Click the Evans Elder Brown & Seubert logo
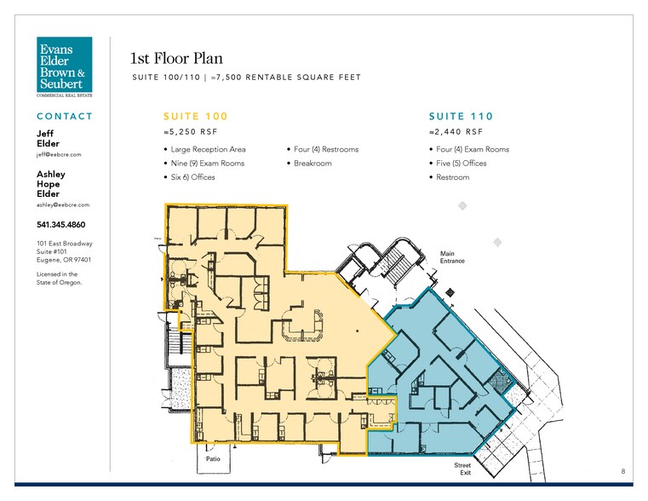click(65, 66)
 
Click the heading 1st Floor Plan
click(176, 58)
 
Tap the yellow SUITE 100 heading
click(196, 116)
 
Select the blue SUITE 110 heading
click(461, 116)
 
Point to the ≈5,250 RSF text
click(190, 132)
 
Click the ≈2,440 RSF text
click(456, 132)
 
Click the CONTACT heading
click(65, 116)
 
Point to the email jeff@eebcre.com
click(59, 154)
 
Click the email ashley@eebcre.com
click(63, 204)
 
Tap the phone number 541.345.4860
click(61, 224)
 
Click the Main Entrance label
click(452, 257)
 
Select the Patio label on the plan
click(213, 459)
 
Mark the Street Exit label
click(462, 469)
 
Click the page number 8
click(623, 471)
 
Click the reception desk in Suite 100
click(303, 326)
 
